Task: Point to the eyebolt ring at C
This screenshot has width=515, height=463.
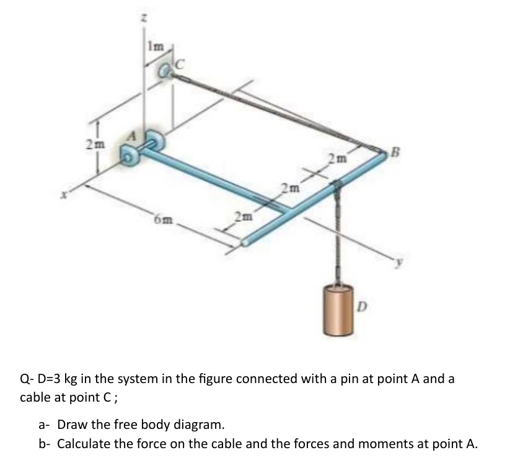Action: [166, 72]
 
